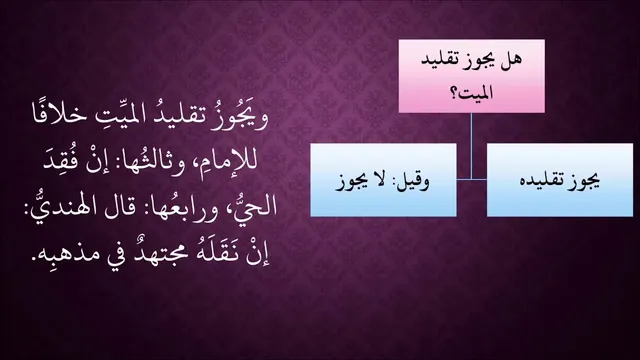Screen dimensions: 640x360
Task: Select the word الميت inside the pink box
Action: point(476,93)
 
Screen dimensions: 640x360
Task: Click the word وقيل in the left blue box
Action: point(413,181)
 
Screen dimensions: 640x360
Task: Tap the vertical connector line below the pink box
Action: point(471,146)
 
